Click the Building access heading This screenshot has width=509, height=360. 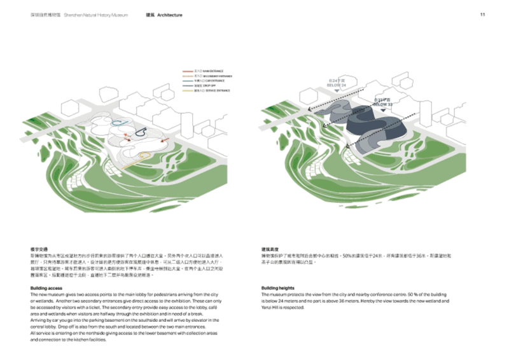click(x=48, y=288)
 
